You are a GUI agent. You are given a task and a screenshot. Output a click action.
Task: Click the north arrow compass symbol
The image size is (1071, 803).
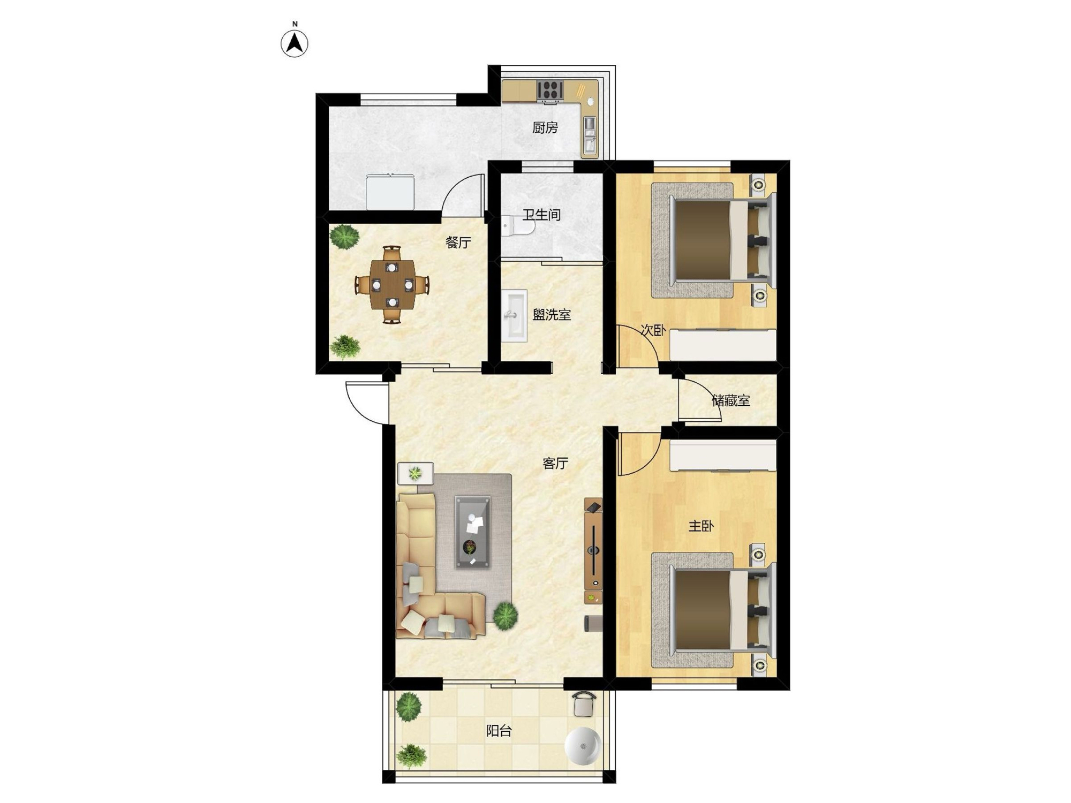pyautogui.click(x=295, y=43)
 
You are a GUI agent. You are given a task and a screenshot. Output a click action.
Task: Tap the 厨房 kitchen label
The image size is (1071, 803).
pyautogui.click(x=545, y=127)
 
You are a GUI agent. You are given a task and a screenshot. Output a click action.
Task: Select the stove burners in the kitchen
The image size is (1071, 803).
pyautogui.click(x=550, y=90)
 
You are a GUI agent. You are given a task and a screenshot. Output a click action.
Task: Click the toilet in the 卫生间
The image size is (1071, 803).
pyautogui.click(x=518, y=226)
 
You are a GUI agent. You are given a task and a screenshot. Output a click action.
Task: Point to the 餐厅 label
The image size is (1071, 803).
pyautogui.click(x=458, y=243)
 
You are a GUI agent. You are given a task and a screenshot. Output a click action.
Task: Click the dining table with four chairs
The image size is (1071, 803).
pyautogui.click(x=392, y=284)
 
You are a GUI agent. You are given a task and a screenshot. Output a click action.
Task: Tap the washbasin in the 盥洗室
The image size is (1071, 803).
pyautogui.click(x=515, y=315)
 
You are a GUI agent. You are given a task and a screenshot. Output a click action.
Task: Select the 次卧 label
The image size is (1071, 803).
pyautogui.click(x=653, y=330)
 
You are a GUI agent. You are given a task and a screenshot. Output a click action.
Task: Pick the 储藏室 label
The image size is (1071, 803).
pyautogui.click(x=731, y=400)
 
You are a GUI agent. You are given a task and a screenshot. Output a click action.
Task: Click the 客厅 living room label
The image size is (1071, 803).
pyautogui.click(x=555, y=463)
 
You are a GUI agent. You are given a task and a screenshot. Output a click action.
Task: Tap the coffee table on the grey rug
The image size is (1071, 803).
pyautogui.click(x=472, y=532)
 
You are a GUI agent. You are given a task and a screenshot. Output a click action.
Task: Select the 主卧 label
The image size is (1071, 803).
pyautogui.click(x=701, y=526)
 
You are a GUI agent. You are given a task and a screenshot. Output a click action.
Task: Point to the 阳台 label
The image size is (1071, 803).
pyautogui.click(x=499, y=731)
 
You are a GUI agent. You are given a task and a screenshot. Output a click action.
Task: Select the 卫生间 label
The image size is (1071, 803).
pyautogui.click(x=541, y=215)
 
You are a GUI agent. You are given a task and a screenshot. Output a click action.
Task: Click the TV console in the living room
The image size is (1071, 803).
pyautogui.click(x=593, y=551)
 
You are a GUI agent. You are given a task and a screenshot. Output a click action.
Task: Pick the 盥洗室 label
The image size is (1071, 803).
pyautogui.click(x=552, y=315)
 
